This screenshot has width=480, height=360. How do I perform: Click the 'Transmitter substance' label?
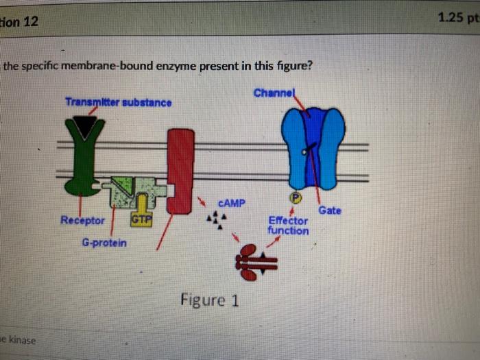point(118,102)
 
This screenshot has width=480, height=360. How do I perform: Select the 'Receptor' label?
point(82,220)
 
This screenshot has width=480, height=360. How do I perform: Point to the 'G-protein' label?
point(104,243)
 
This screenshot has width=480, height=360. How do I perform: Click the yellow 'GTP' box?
point(141,219)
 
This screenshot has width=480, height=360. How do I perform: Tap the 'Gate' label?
point(330,211)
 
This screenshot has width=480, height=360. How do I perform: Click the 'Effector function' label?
point(288,226)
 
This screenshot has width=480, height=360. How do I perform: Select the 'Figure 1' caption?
point(209,299)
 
